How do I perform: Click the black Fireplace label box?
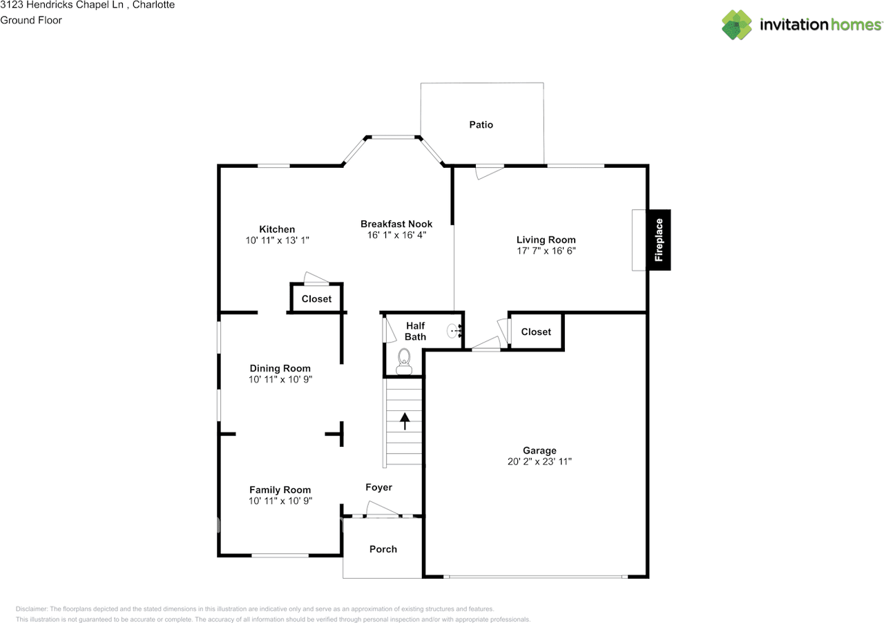658,240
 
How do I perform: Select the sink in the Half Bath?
454,331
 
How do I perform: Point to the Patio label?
481,125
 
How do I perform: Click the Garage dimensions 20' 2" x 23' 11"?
539,461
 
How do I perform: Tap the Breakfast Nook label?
396,224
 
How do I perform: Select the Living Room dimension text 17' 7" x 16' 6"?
546,251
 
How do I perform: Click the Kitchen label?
277,229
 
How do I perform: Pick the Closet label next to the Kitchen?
316,299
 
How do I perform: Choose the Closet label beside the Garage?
536,332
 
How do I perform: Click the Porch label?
383,549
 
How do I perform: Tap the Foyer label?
378,488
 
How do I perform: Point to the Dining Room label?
280,369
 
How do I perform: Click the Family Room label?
280,490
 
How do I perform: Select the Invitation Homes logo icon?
736,25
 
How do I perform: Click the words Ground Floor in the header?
31,20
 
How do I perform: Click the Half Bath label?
415,331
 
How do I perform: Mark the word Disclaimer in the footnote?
31,609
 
